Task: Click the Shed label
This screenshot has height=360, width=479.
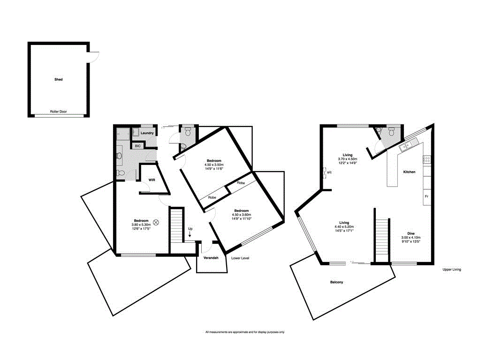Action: point(58,80)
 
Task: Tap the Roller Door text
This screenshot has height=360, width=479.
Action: point(59,112)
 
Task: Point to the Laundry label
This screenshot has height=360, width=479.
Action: point(147,133)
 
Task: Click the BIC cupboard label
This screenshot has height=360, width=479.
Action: point(137,146)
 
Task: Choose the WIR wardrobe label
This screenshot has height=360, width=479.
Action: point(152,180)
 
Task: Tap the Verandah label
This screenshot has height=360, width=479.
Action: point(211,258)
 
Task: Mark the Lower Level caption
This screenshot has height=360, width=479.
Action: point(240,258)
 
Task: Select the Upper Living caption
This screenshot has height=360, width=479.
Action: point(452,270)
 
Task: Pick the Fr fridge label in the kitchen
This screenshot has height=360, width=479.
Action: point(426,196)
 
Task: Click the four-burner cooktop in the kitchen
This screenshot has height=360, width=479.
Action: point(427,159)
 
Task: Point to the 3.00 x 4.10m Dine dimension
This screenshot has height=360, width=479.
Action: point(411,238)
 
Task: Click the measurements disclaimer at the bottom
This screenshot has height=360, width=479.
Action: point(245,332)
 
